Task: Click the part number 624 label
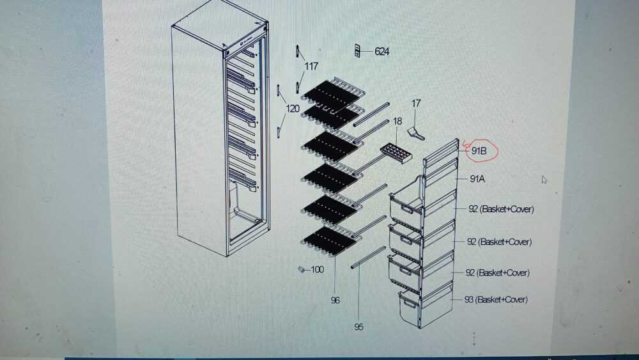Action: pos(381,51)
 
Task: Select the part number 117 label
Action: pos(311,66)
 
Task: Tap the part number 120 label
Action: pos(293,109)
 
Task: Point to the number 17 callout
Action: pos(416,104)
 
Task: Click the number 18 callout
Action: pos(397,121)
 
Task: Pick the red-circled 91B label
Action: pos(479,151)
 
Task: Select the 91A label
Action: pos(477,178)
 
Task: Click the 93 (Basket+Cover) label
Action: pos(496,300)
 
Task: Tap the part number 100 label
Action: pos(317,269)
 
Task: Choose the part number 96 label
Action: pos(335,301)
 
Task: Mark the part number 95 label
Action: pos(358,327)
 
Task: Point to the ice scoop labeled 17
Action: pos(416,133)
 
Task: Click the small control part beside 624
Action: pos(357,51)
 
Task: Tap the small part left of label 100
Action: pos(302,269)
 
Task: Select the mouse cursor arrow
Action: pos(544,180)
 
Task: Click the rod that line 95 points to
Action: pos(368,257)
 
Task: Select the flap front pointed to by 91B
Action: pos(441,153)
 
